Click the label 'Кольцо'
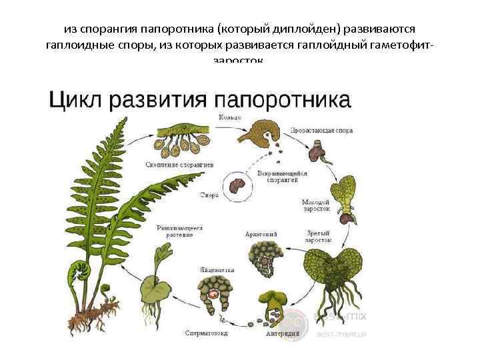point(229,118)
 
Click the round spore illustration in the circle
point(236,183)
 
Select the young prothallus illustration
point(345,194)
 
